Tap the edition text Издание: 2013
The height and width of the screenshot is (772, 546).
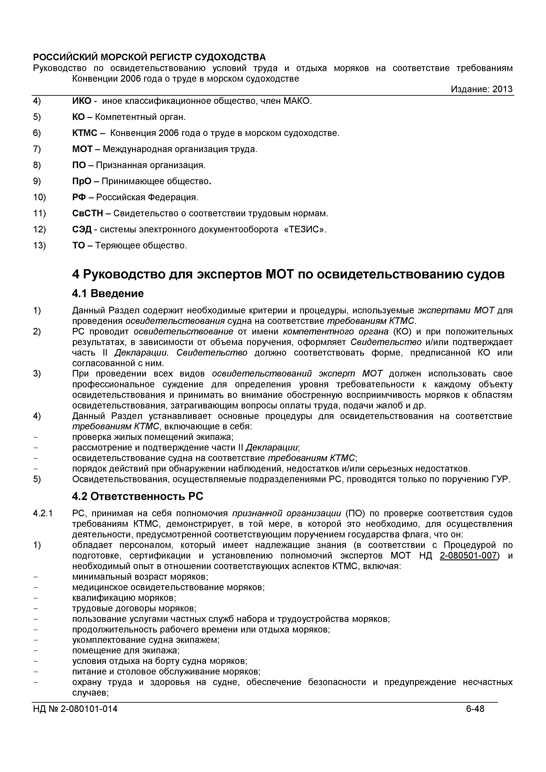[x=482, y=89]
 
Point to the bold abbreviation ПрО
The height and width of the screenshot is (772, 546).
[x=82, y=182]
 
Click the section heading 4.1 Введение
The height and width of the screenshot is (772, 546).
[x=108, y=294]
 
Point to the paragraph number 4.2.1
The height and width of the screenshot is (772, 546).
[x=43, y=513]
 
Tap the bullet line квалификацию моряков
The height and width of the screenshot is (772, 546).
[x=124, y=598]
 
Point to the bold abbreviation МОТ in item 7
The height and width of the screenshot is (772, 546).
[x=82, y=149]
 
